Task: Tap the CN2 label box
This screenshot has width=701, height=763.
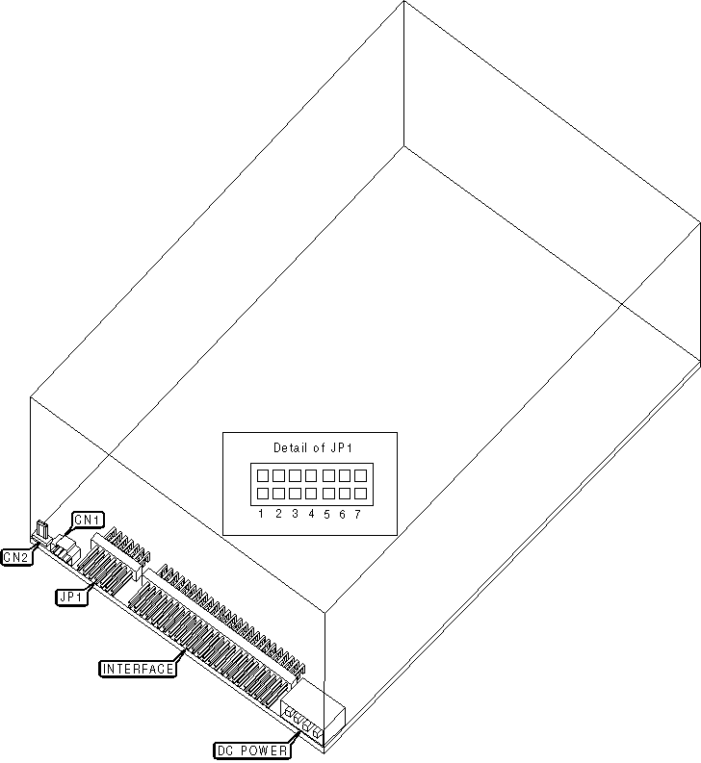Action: pos(16,556)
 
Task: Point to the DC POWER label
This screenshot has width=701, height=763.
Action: pos(249,749)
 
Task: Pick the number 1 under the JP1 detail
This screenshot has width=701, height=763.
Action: pos(261,514)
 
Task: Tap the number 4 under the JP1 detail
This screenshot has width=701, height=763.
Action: pos(311,514)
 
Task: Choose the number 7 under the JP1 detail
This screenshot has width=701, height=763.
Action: pos(358,514)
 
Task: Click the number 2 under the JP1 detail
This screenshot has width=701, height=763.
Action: pos(277,514)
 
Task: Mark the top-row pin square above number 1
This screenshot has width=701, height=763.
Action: pos(261,475)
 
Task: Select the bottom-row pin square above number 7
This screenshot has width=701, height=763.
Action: pos(360,494)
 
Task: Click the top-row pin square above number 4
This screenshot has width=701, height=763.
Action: pos(310,475)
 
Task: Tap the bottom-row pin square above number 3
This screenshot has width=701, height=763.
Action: pos(294,494)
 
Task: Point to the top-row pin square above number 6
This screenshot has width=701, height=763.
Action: pos(344,475)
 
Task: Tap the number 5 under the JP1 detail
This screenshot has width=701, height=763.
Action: pos(327,514)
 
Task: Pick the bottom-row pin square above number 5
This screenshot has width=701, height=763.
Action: pos(327,494)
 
